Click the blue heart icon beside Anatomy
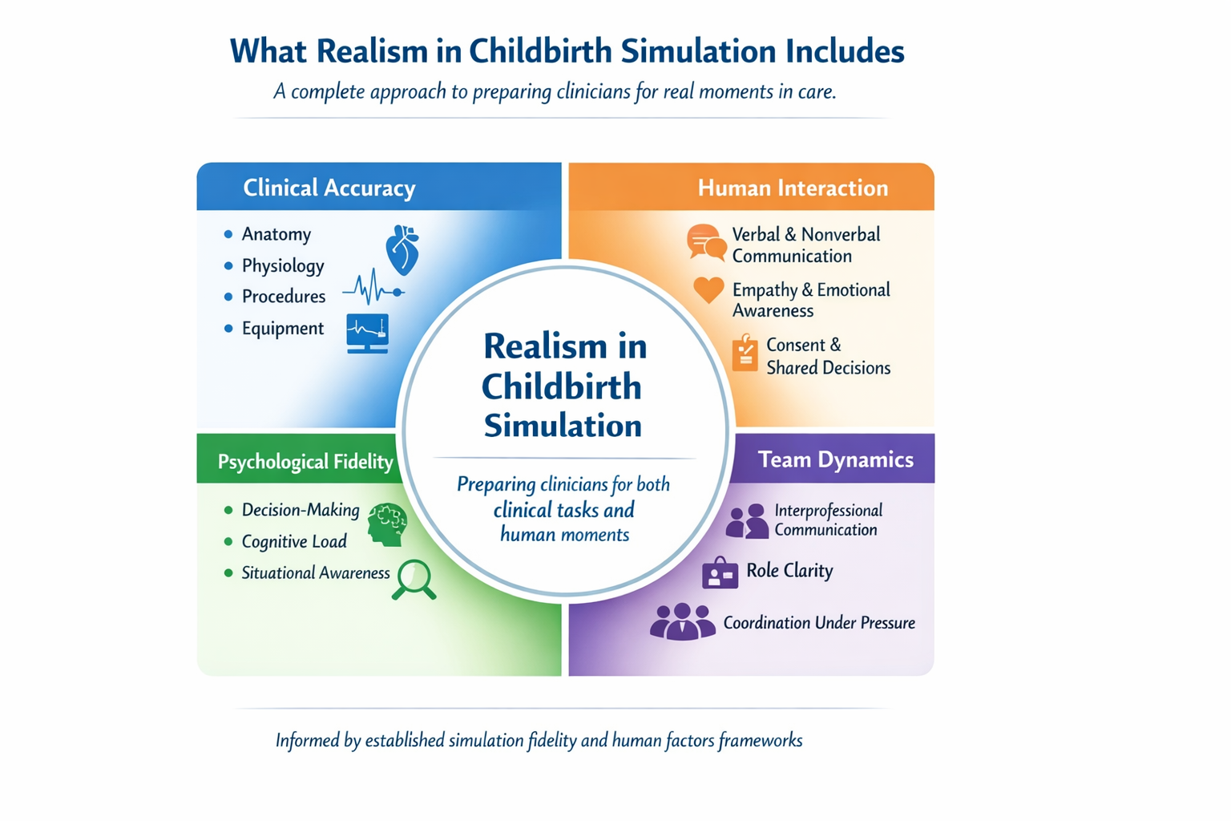(x=402, y=249)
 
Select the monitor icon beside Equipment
(x=368, y=333)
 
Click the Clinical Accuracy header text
(x=329, y=188)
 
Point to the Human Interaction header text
(x=793, y=188)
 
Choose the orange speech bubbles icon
(x=706, y=242)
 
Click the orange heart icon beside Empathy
(x=708, y=289)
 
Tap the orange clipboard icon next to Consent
(x=745, y=354)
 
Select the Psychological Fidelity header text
(x=305, y=462)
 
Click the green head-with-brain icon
(x=388, y=525)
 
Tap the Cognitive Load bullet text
(x=294, y=542)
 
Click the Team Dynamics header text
(x=835, y=459)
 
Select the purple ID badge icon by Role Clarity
(x=720, y=572)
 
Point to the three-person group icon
(x=682, y=622)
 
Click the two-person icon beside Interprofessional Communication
(x=747, y=521)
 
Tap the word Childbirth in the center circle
(x=562, y=387)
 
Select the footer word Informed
(x=308, y=741)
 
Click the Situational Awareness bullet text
(x=316, y=573)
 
